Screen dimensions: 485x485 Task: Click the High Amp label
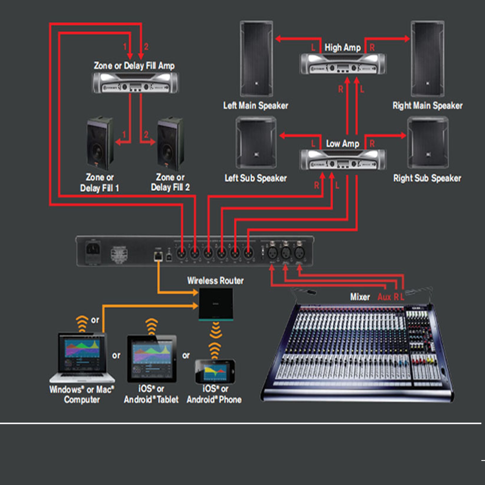(x=342, y=48)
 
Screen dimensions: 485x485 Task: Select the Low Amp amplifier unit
(x=343, y=160)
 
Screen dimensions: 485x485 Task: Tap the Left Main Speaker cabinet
(x=256, y=59)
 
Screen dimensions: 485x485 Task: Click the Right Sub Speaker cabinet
(x=428, y=143)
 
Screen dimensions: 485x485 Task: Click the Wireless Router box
(x=216, y=304)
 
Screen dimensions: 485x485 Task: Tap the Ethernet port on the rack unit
(x=158, y=256)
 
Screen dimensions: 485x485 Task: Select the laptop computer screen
(x=82, y=352)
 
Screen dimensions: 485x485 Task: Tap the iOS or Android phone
(x=215, y=371)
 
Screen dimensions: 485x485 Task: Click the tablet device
(x=152, y=359)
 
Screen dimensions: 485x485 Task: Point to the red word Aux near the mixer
(x=384, y=297)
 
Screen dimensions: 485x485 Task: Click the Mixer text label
(x=360, y=297)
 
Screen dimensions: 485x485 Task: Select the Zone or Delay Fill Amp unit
(x=135, y=83)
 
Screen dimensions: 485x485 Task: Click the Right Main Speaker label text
(x=427, y=105)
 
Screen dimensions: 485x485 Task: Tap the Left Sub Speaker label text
(x=256, y=178)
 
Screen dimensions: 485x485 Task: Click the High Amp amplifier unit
(x=343, y=64)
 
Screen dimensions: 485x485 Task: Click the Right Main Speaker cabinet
(x=427, y=59)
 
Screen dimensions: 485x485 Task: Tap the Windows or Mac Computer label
(x=82, y=394)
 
